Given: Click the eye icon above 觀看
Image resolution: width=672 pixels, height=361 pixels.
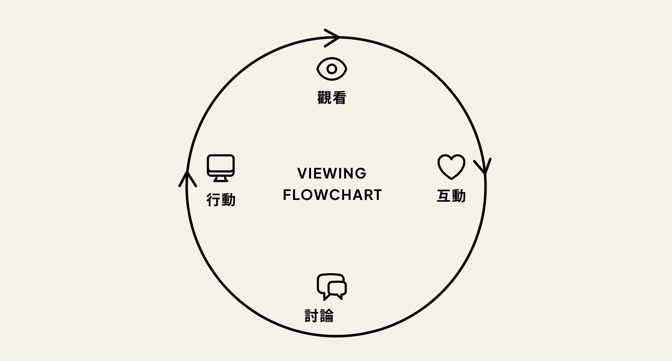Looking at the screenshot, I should click(x=332, y=69).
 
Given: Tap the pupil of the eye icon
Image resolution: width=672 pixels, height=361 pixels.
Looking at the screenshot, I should click(x=332, y=69).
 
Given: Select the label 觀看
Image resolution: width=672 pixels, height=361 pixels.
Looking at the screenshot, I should click(x=332, y=98).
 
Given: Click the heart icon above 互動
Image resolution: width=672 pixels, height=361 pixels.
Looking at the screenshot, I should click(x=451, y=166).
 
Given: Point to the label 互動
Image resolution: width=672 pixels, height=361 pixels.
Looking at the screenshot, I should click(x=451, y=196).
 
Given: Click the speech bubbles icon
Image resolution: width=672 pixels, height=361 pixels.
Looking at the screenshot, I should click(x=331, y=287).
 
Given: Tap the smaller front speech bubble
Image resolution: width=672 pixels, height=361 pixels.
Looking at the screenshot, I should click(x=337, y=289).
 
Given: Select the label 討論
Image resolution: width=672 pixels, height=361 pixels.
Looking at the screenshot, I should click(x=319, y=316).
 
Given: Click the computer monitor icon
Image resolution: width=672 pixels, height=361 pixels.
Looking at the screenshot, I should click(x=221, y=168).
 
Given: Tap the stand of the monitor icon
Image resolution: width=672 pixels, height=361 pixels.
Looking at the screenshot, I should click(x=221, y=179).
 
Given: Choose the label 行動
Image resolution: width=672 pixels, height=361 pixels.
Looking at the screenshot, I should click(x=221, y=200).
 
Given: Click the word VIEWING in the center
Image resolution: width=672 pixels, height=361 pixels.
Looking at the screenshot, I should click(x=332, y=174).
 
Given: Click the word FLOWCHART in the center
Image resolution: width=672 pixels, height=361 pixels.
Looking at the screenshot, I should click(x=332, y=195).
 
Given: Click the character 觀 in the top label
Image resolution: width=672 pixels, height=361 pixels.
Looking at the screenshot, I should click(x=324, y=98).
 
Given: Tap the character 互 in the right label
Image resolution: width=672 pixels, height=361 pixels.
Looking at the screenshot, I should click(x=444, y=196).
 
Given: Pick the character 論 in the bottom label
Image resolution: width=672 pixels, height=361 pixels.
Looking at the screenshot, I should click(x=326, y=316).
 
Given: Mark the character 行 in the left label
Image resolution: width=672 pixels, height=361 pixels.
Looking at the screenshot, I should click(x=214, y=200).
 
